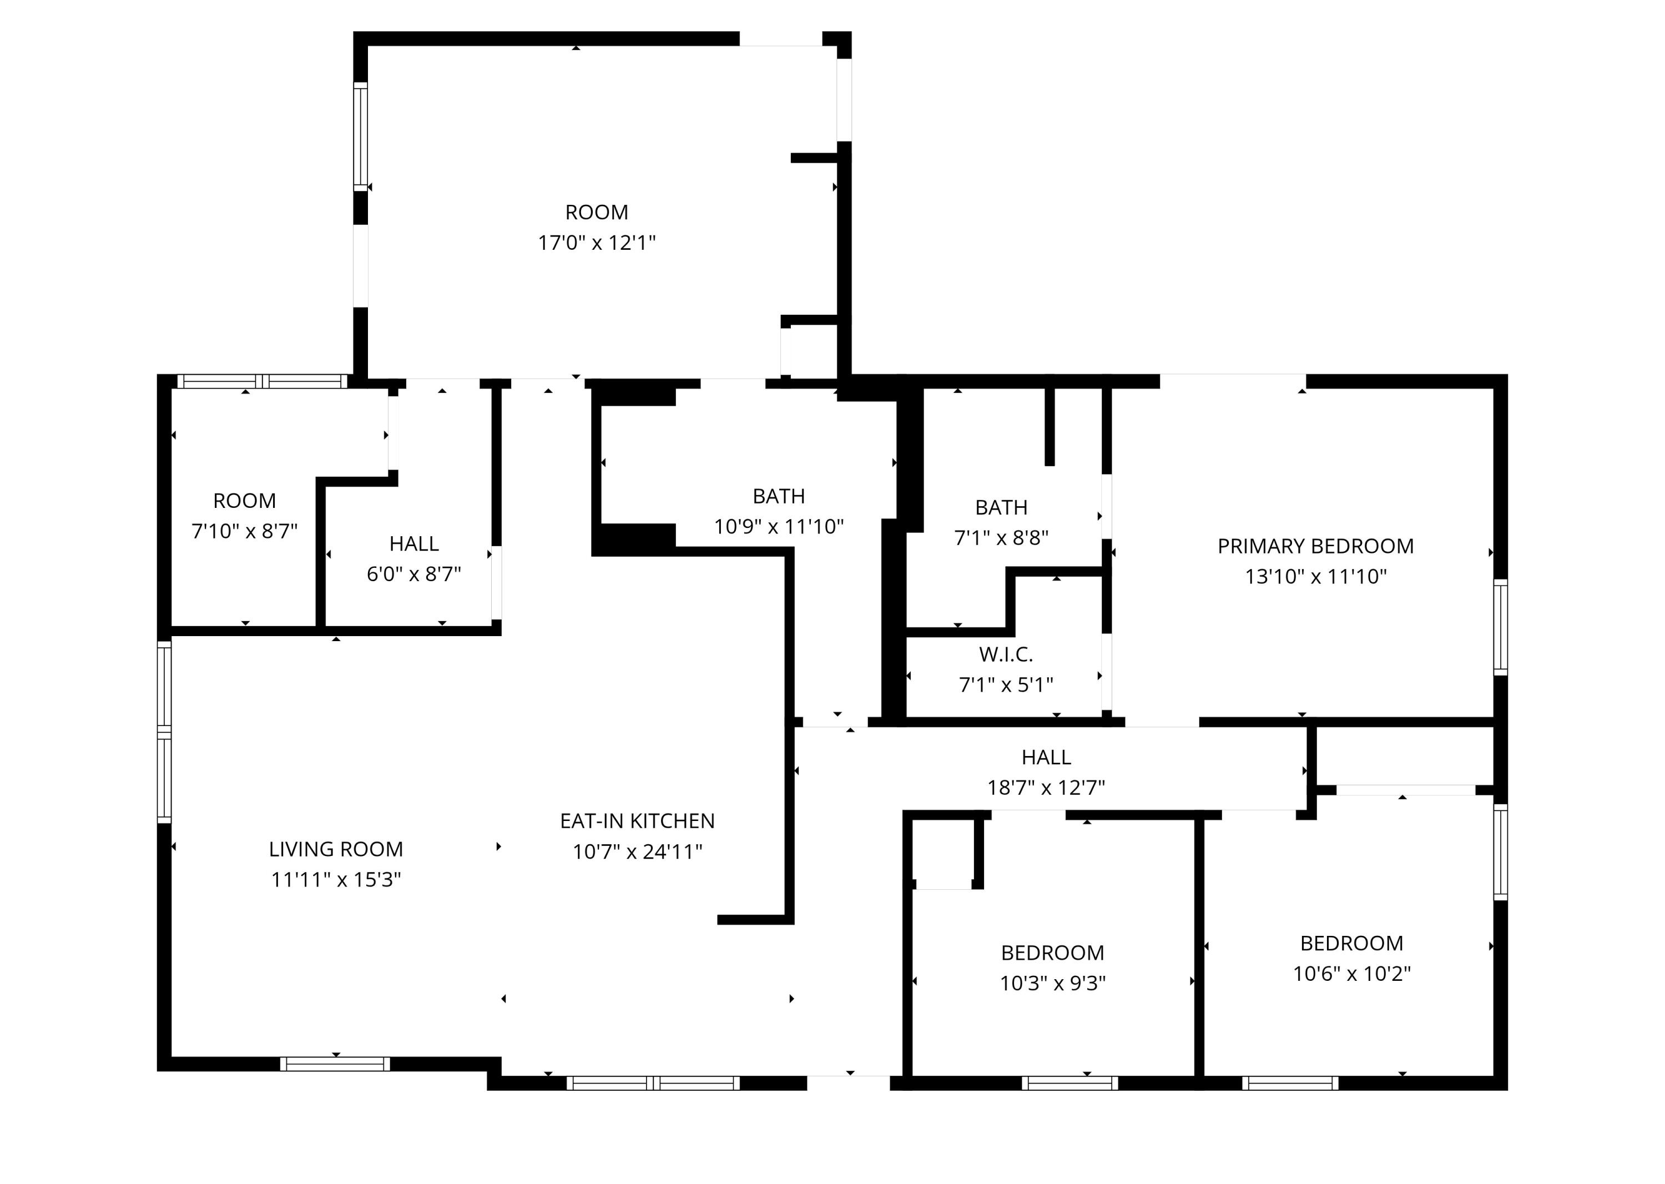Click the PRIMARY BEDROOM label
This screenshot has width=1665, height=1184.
point(1315,546)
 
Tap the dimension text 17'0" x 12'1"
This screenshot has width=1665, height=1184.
point(596,243)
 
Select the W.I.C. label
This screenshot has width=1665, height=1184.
point(1005,654)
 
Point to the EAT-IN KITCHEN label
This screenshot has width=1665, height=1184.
point(637,821)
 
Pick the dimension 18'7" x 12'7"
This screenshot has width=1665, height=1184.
point(1046,787)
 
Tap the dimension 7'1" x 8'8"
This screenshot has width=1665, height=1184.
point(1001,538)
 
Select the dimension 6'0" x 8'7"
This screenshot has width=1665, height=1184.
point(413,575)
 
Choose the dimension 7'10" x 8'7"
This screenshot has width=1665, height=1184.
point(244,531)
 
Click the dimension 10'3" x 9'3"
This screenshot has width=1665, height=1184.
point(1052,984)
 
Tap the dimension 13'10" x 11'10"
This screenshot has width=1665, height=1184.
point(1315,577)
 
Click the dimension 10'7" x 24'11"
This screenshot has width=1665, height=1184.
point(637,852)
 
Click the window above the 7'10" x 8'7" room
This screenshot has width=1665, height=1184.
point(263,381)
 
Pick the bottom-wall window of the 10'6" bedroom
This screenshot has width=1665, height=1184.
point(1290,1084)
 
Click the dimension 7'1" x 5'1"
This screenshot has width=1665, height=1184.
point(1005,684)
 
